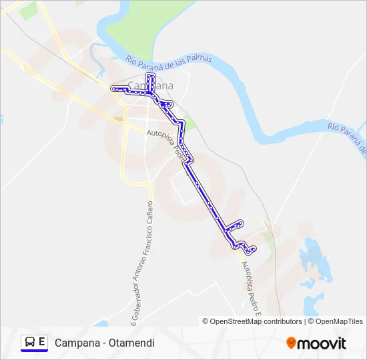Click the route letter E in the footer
click(x=42, y=342)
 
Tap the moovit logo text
click(x=322, y=343)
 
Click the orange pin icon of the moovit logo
click(x=291, y=343)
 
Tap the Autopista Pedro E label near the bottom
click(x=252, y=286)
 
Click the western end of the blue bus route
click(x=113, y=89)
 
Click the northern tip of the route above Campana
click(x=150, y=76)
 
